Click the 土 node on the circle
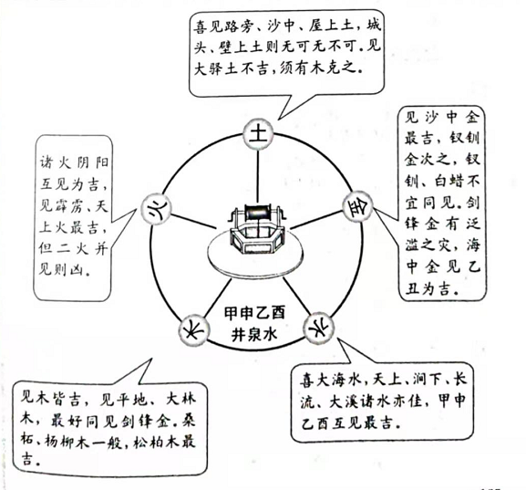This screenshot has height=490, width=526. (x=258, y=134)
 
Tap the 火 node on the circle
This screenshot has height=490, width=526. (x=156, y=210)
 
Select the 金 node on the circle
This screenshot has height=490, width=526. (x=357, y=207)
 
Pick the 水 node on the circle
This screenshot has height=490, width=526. (x=319, y=327)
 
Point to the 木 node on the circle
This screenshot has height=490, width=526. (x=194, y=330)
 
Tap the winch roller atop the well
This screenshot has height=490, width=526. (x=259, y=213)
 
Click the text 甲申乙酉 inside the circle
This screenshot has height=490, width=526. (x=255, y=313)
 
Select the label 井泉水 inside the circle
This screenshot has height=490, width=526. (x=255, y=334)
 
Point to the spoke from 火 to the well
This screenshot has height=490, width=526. (x=194, y=222)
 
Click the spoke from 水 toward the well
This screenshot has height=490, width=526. (x=297, y=296)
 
